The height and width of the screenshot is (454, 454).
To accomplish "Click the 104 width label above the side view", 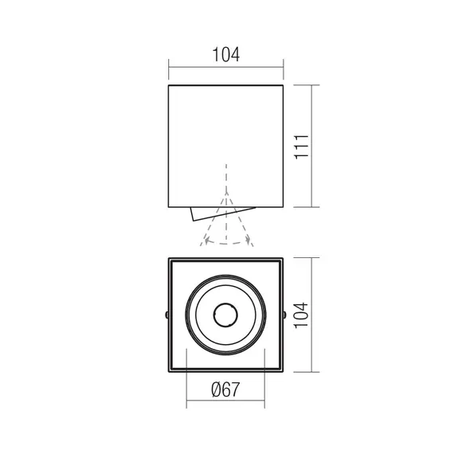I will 226,55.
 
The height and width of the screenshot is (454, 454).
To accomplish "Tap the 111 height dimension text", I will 301,146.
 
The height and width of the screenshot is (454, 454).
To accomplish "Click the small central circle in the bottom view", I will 227,315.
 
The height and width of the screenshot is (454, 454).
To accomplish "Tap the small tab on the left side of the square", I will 166,315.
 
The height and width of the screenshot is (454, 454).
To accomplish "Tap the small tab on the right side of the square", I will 287,315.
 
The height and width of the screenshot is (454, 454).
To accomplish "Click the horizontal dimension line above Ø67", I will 226,406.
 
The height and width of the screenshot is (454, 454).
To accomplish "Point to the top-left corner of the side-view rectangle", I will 169,84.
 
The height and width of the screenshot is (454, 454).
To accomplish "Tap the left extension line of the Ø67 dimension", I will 187,390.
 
